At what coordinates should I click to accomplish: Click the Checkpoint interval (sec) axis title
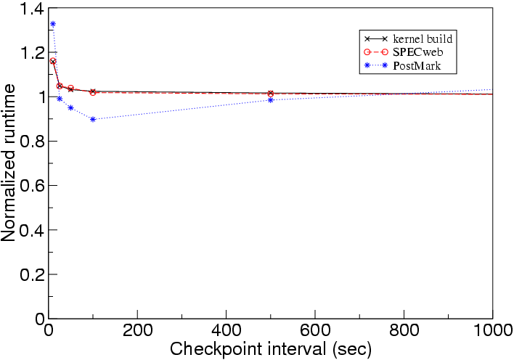[x=271, y=349]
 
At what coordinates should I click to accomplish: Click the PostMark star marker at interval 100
[x=93, y=119]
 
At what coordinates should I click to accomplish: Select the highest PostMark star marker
[x=53, y=25]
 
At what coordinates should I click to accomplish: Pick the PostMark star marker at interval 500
[x=270, y=100]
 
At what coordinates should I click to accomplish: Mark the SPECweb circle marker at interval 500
[x=270, y=94]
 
